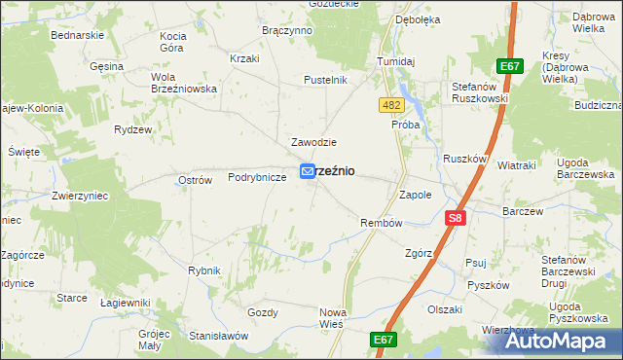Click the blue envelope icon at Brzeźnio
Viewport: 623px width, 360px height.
tap(307, 170)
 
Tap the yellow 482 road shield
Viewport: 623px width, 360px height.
tap(391, 104)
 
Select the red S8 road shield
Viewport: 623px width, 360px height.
tap(455, 220)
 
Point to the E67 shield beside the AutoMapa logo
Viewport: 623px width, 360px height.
tap(385, 340)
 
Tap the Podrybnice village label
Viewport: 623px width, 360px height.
tap(257, 177)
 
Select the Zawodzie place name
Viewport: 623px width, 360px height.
tap(314, 142)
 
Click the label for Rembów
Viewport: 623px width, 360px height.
tap(382, 223)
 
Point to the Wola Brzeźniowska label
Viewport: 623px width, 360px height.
tap(183, 82)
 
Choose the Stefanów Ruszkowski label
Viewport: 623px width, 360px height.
tap(481, 92)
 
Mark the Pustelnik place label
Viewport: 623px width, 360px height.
tap(325, 80)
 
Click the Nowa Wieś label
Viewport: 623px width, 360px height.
tap(334, 318)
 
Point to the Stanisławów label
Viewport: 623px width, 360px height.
tap(219, 336)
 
